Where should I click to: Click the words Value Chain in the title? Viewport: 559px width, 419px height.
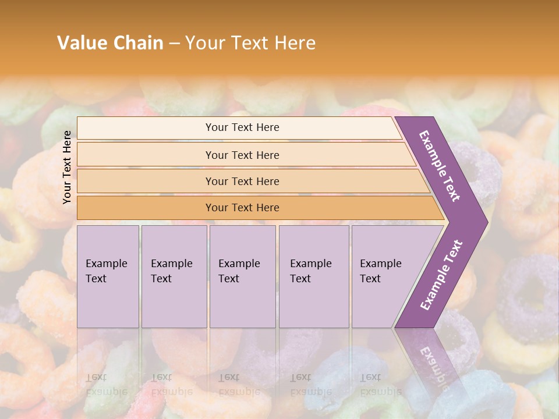[110, 42]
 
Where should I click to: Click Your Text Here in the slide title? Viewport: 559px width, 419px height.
[250, 42]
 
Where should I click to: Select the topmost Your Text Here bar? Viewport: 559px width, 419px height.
[242, 127]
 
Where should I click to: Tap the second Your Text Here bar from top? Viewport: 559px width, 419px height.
[242, 155]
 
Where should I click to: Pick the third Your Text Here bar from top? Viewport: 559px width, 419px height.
[242, 181]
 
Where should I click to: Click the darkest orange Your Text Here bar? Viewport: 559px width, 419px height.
[242, 208]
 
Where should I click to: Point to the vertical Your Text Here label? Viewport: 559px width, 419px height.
[67, 167]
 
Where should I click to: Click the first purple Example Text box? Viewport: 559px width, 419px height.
[108, 276]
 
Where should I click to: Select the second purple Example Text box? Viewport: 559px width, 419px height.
[174, 276]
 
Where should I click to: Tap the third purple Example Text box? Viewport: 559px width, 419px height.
[242, 276]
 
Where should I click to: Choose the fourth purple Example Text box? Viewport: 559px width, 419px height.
[313, 276]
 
